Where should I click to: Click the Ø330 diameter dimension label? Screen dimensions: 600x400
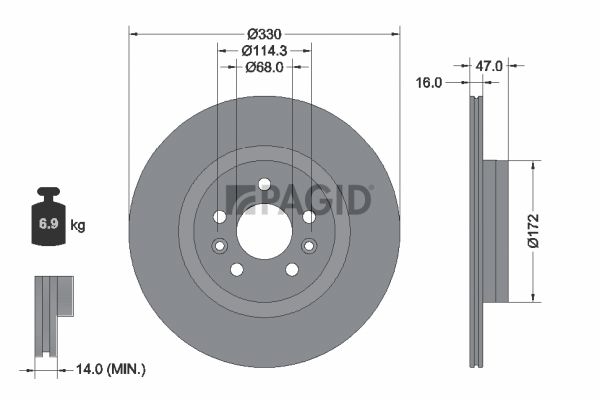[x=264, y=34]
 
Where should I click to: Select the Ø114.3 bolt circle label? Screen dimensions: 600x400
[x=264, y=50]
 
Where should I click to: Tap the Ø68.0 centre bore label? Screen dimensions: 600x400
[x=264, y=67]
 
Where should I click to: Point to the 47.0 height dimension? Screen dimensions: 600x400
[x=489, y=66]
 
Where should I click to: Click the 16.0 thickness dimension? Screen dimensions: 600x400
[x=429, y=82]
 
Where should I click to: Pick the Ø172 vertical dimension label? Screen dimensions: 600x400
[x=534, y=231]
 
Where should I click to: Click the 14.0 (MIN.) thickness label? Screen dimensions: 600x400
[x=111, y=369]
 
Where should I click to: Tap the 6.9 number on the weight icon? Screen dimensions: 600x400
[x=49, y=224]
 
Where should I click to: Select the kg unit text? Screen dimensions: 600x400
[x=78, y=225]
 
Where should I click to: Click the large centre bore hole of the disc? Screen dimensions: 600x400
[x=264, y=231]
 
